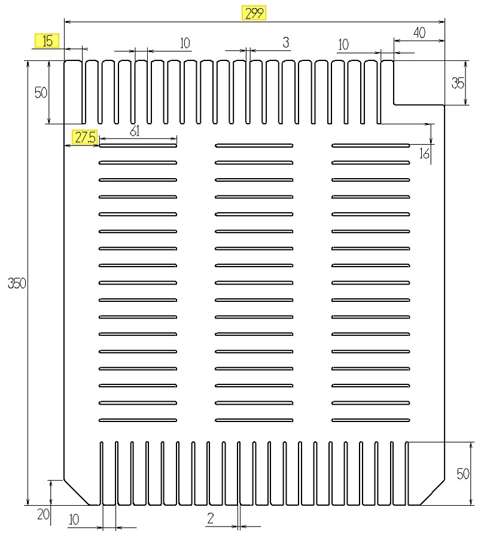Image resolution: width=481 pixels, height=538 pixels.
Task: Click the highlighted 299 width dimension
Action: click(254, 13)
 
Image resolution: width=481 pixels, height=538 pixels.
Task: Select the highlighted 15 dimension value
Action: click(47, 41)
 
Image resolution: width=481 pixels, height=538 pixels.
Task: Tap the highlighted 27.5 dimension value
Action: click(85, 137)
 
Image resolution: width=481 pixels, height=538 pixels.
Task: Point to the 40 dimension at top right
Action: click(419, 33)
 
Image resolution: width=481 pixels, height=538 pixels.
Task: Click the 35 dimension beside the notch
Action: click(458, 83)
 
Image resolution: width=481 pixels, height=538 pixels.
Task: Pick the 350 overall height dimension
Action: click(17, 283)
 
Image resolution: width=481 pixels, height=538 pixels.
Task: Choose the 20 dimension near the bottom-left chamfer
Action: click(43, 514)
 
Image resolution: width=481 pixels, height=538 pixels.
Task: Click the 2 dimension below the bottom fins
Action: click(211, 518)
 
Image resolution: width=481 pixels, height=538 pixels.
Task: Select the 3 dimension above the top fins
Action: click(285, 42)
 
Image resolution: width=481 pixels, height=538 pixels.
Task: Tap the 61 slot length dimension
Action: click(135, 131)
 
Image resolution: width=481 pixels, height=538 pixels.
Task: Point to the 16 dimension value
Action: click(424, 154)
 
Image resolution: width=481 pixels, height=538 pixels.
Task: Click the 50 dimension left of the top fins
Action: click(41, 92)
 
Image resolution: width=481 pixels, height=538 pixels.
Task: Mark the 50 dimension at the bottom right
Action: click(463, 474)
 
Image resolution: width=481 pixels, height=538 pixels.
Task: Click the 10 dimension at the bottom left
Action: click(74, 519)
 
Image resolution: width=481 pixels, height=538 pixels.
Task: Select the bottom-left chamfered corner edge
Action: click(77, 493)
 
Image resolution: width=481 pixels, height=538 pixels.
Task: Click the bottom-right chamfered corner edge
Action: click(433, 493)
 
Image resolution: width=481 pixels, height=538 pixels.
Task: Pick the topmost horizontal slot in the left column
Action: click(138, 145)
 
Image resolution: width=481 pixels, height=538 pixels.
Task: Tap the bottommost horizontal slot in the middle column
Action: click(254, 420)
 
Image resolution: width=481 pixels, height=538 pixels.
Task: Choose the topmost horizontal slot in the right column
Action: click(370, 145)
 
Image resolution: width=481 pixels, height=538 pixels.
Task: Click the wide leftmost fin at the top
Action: click(73, 92)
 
